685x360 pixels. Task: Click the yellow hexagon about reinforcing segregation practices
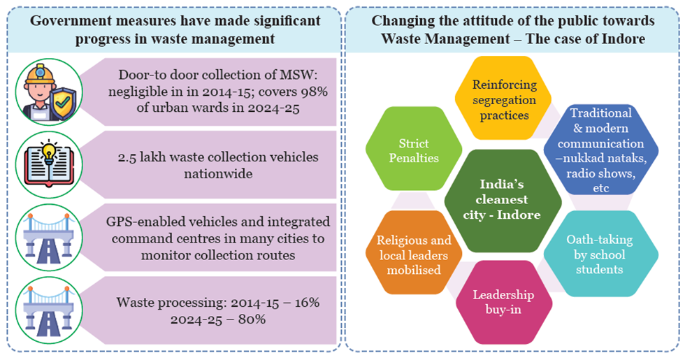[505, 99]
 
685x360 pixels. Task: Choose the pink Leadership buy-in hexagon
[504, 302]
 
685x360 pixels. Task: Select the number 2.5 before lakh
[127, 156]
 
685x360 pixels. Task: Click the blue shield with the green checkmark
[59, 103]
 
